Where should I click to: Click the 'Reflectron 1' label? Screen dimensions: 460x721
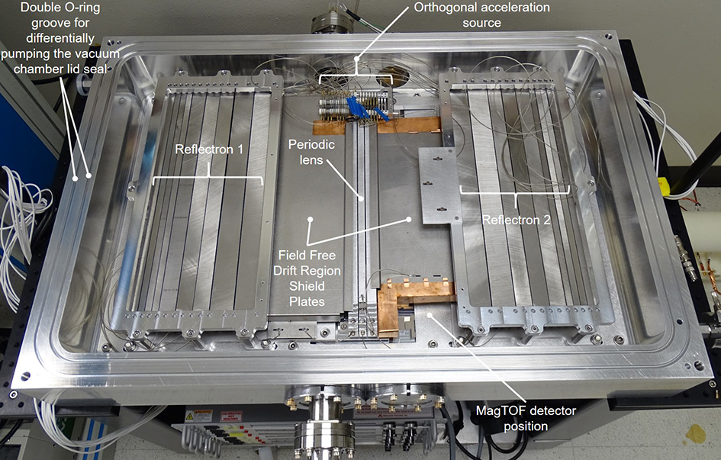click(208, 150)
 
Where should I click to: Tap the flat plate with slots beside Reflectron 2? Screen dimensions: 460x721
click(439, 183)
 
